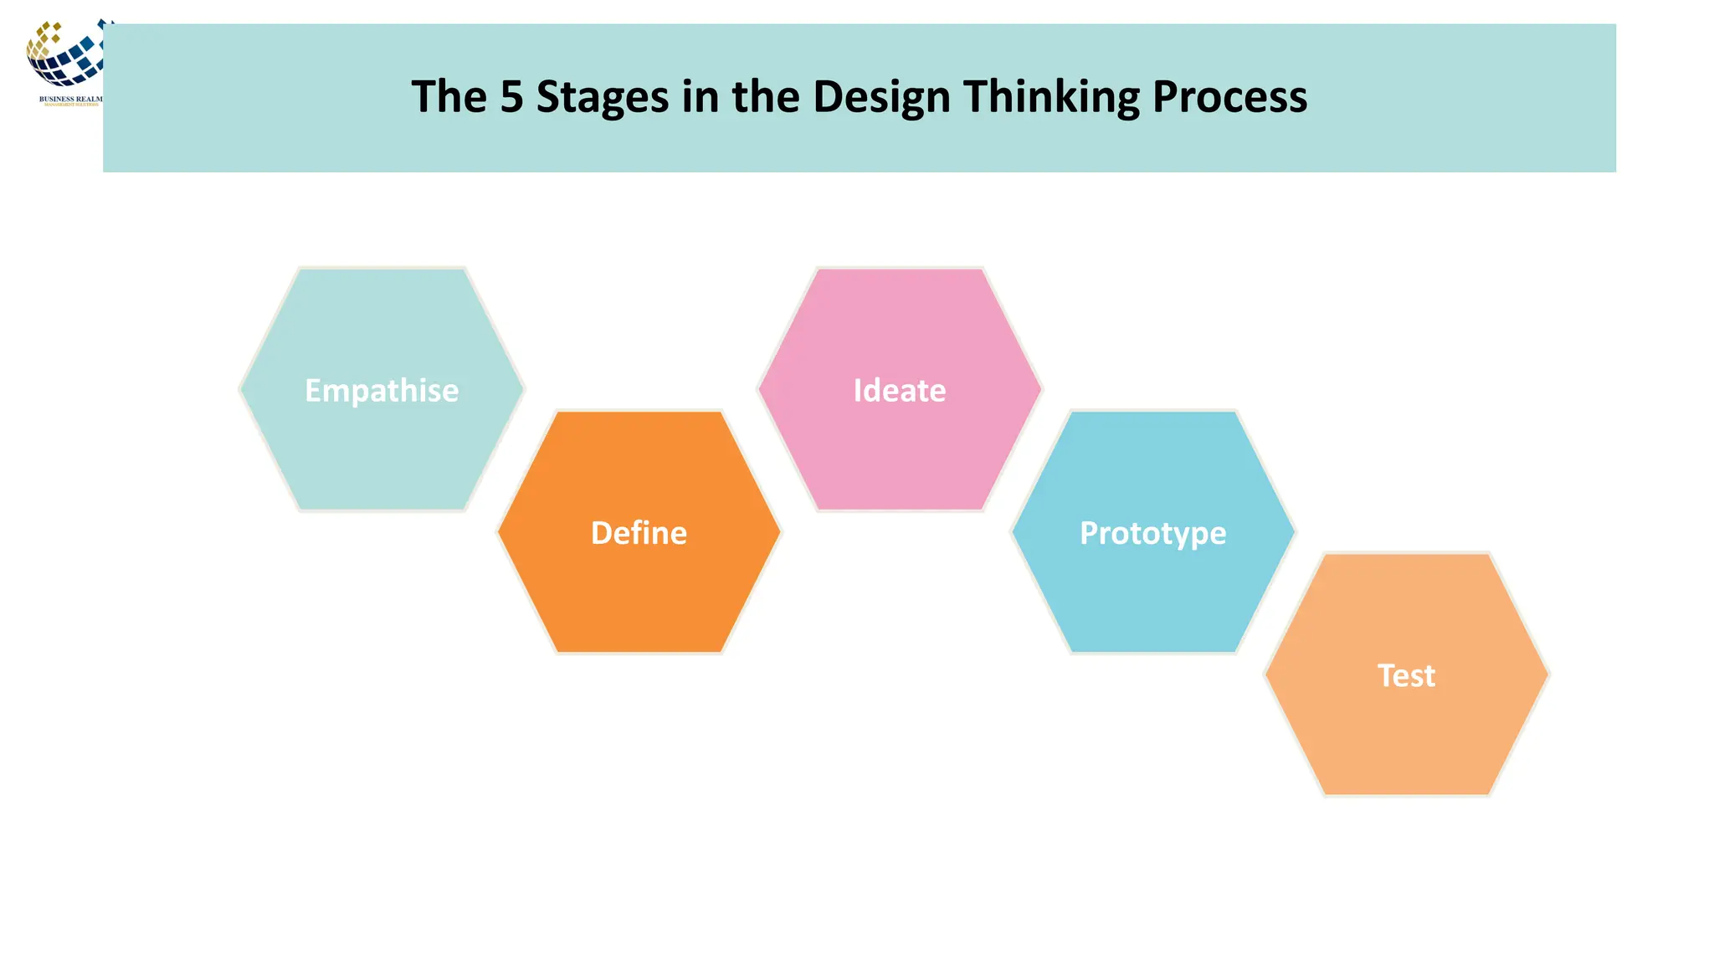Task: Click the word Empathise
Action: coord(382,391)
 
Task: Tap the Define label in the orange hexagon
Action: coord(639,533)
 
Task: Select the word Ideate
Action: coord(900,391)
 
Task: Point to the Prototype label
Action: coord(1152,534)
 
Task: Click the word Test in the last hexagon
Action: coord(1406,675)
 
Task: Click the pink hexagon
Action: coord(900,452)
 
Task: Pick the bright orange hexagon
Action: coord(639,594)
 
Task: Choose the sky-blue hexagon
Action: coord(1152,594)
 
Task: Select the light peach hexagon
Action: coord(1406,736)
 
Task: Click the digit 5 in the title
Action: coord(511,97)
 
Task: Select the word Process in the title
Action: coord(1229,97)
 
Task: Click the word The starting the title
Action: coord(449,97)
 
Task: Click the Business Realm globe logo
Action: coord(65,55)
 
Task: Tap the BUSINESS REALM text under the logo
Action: coord(70,99)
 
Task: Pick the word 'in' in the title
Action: coord(700,97)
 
